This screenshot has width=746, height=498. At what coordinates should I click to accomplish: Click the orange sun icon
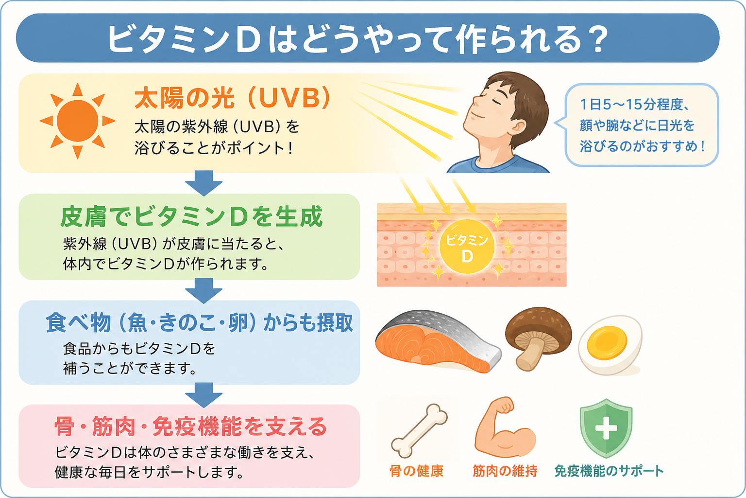click(x=77, y=121)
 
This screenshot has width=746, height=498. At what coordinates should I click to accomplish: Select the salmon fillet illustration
click(x=438, y=342)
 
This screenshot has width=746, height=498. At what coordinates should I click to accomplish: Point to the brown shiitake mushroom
click(x=538, y=338)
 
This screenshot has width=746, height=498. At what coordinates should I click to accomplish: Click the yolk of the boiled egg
click(x=607, y=342)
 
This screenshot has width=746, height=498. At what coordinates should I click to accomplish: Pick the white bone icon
click(x=419, y=430)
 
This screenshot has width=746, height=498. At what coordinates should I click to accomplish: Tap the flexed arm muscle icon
click(x=504, y=427)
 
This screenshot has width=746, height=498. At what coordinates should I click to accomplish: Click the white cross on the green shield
click(x=606, y=428)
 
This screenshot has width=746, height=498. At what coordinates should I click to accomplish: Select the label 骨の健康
click(x=417, y=471)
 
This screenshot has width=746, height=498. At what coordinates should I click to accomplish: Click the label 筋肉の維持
click(x=505, y=471)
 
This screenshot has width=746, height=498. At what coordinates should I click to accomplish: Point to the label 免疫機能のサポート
click(x=609, y=471)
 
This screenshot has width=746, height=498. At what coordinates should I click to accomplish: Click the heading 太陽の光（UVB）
click(x=233, y=98)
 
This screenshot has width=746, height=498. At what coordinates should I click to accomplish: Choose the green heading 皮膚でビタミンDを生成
click(x=191, y=217)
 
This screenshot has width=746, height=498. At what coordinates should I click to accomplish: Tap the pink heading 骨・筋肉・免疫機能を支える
click(x=190, y=427)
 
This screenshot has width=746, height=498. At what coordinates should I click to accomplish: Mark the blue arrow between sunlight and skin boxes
click(x=204, y=183)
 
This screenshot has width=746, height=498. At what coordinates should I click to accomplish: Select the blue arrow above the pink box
click(x=204, y=395)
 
